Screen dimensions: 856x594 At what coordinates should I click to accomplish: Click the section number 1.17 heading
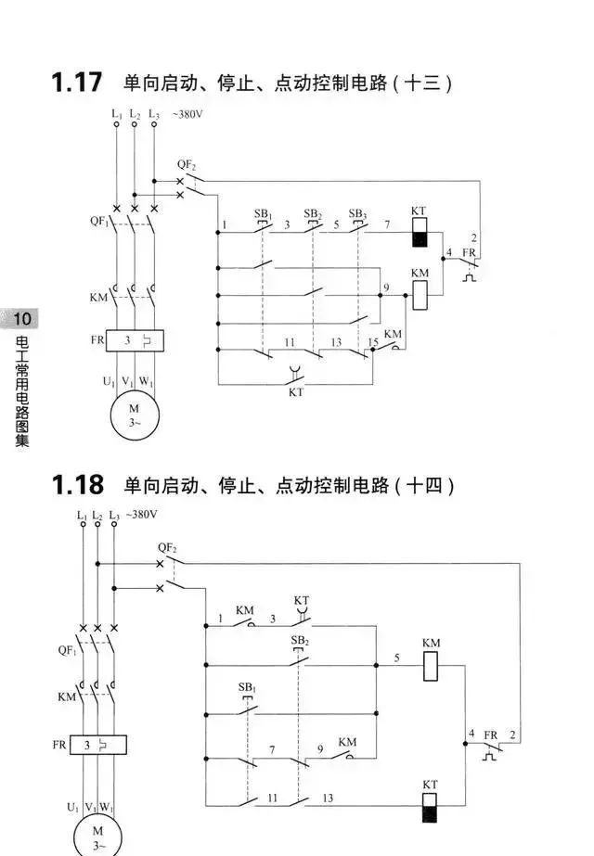76,82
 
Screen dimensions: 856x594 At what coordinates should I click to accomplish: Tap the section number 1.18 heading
76,484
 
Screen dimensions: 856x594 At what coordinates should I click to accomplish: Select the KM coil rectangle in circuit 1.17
420,293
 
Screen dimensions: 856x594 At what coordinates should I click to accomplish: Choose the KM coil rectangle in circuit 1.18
431,667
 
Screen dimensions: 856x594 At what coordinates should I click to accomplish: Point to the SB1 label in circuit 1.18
246,686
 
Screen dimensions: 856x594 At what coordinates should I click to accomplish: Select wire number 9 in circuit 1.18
320,748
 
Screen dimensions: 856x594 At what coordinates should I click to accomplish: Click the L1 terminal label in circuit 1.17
116,115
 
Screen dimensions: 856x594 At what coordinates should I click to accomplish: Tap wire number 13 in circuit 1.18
328,798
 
